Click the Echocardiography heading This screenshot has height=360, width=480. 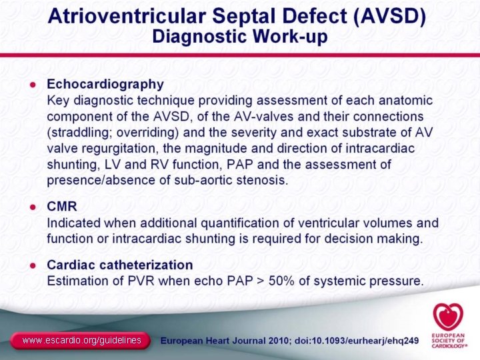[x=105, y=84]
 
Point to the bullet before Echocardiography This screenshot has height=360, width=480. [x=31, y=85]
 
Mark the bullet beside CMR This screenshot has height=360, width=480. [x=31, y=207]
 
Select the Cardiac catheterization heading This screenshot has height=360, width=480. [x=119, y=265]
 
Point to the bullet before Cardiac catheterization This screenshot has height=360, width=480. [x=31, y=265]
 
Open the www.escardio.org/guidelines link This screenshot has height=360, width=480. [x=81, y=341]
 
